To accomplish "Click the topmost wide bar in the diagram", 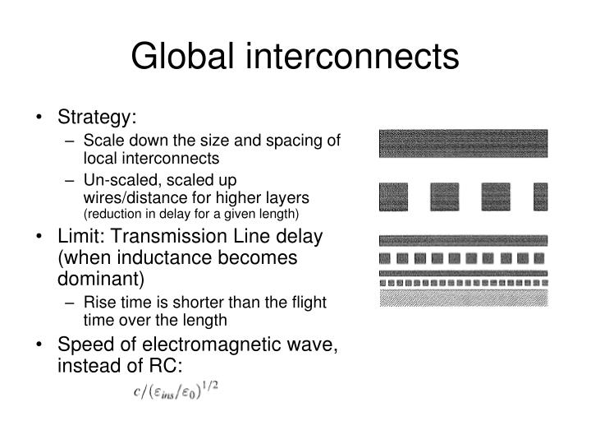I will (x=463, y=143).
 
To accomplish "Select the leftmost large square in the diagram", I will (x=393, y=197).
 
